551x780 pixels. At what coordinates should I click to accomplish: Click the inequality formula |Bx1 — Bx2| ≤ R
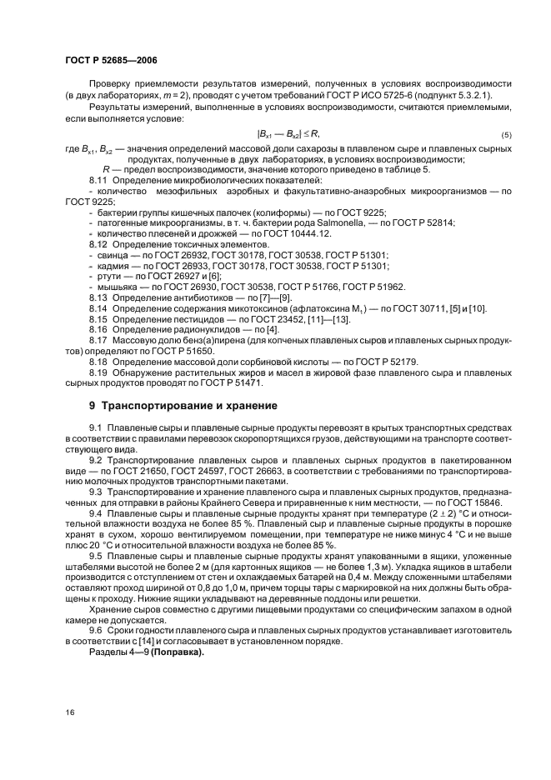tap(290, 134)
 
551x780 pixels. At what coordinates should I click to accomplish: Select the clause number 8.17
tap(98, 341)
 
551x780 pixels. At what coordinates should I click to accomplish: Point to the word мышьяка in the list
tap(115, 287)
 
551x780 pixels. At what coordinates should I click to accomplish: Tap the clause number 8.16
tap(98, 330)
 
